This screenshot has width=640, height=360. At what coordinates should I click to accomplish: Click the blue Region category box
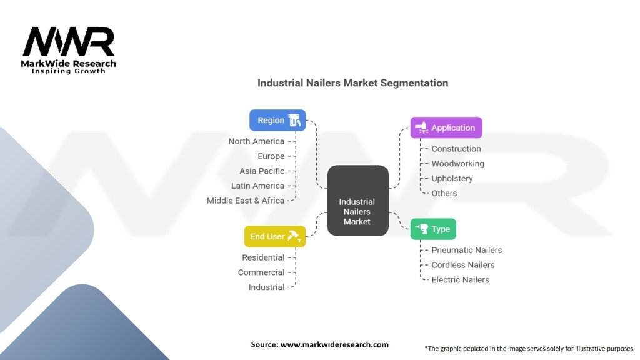(277, 121)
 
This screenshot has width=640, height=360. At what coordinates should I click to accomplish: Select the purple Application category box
(446, 127)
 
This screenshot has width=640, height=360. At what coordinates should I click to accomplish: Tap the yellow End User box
(274, 237)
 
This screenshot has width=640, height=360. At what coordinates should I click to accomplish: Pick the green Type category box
(433, 229)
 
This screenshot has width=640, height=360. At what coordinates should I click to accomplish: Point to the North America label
(256, 141)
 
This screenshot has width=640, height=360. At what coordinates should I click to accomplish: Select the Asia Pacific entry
(262, 171)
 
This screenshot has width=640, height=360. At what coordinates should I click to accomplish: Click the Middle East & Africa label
(246, 201)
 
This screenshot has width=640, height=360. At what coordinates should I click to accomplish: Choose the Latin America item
(257, 186)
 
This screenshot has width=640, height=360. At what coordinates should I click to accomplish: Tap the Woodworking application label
(457, 164)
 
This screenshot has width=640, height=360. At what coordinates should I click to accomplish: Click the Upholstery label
(452, 178)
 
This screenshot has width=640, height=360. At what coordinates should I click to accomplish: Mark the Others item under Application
(444, 193)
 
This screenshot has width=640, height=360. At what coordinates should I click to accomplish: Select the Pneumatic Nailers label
(467, 250)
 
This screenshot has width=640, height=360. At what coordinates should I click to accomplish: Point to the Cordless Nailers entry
(463, 265)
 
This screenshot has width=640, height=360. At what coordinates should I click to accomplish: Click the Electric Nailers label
(461, 280)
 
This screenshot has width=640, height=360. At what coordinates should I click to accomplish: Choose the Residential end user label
(263, 257)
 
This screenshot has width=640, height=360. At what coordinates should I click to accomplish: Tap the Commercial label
(261, 272)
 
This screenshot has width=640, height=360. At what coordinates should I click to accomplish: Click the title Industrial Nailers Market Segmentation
(352, 82)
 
